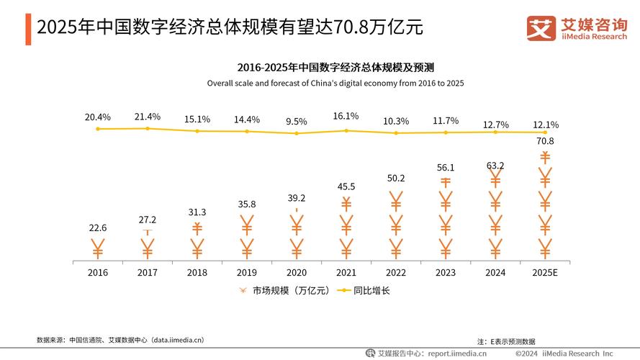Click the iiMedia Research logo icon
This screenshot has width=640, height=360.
[x=541, y=29]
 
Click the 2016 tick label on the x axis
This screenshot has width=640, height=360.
[x=98, y=273]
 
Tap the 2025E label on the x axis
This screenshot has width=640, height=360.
[x=545, y=273]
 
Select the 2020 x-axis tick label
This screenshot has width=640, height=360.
[x=297, y=273]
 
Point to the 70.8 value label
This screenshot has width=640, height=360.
[x=545, y=141]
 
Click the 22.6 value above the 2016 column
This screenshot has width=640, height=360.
[x=98, y=228]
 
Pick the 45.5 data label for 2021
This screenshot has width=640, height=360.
[x=346, y=187]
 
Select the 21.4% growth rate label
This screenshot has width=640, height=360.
[x=148, y=117]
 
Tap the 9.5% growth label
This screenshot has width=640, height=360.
[x=297, y=122]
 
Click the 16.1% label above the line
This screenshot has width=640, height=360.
[x=346, y=116]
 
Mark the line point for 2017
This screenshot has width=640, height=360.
[x=148, y=128]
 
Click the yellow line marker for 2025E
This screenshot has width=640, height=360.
[x=545, y=132]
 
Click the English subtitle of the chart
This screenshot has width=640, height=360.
[x=335, y=84]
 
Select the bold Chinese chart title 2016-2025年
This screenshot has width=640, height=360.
[x=335, y=68]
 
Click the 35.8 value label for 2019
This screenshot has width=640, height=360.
[x=247, y=204]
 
